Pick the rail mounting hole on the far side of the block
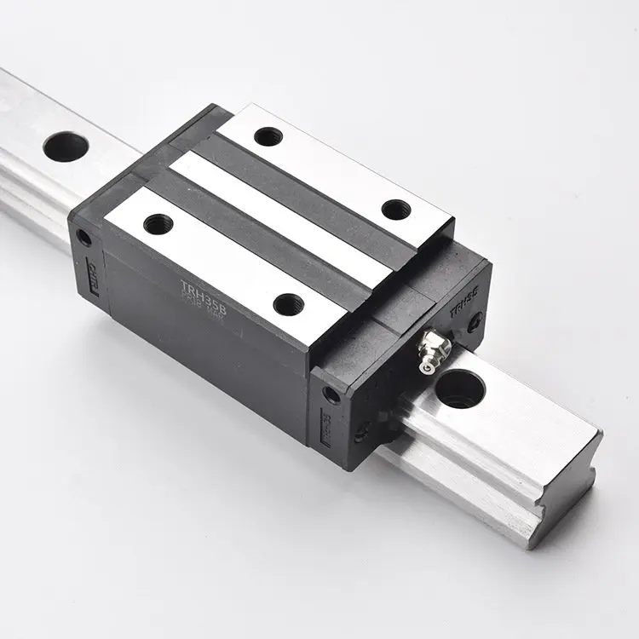66,147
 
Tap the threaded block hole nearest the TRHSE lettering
395,210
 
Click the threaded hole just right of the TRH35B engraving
288,302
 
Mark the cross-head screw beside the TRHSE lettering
475,321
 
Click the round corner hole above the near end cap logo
331,394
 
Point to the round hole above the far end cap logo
83,238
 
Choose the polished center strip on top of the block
281,217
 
